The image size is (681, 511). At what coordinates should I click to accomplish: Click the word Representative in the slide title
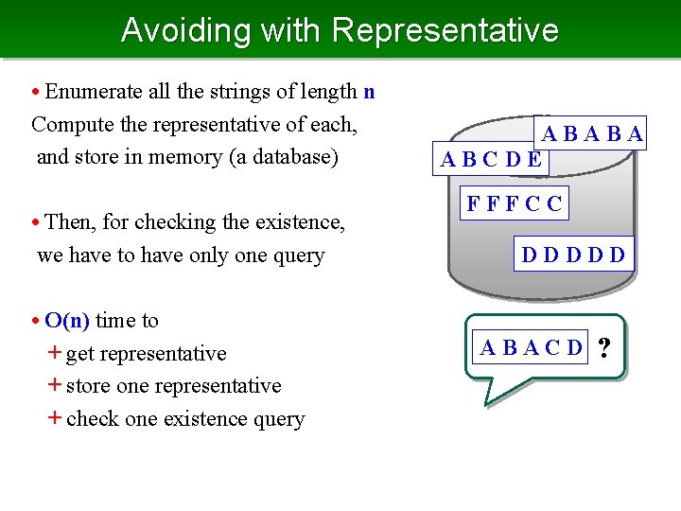[445, 30]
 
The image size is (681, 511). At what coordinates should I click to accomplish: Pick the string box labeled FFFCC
[514, 203]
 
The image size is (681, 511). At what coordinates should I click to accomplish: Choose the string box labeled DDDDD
[573, 254]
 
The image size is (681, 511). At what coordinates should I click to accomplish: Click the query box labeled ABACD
[532, 347]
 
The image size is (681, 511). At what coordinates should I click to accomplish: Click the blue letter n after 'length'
[369, 92]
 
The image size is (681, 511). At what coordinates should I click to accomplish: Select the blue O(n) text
[67, 320]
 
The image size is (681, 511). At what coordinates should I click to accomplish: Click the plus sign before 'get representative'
[55, 353]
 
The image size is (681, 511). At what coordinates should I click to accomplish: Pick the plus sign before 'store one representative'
[55, 386]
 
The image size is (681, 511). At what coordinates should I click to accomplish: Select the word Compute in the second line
[70, 124]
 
